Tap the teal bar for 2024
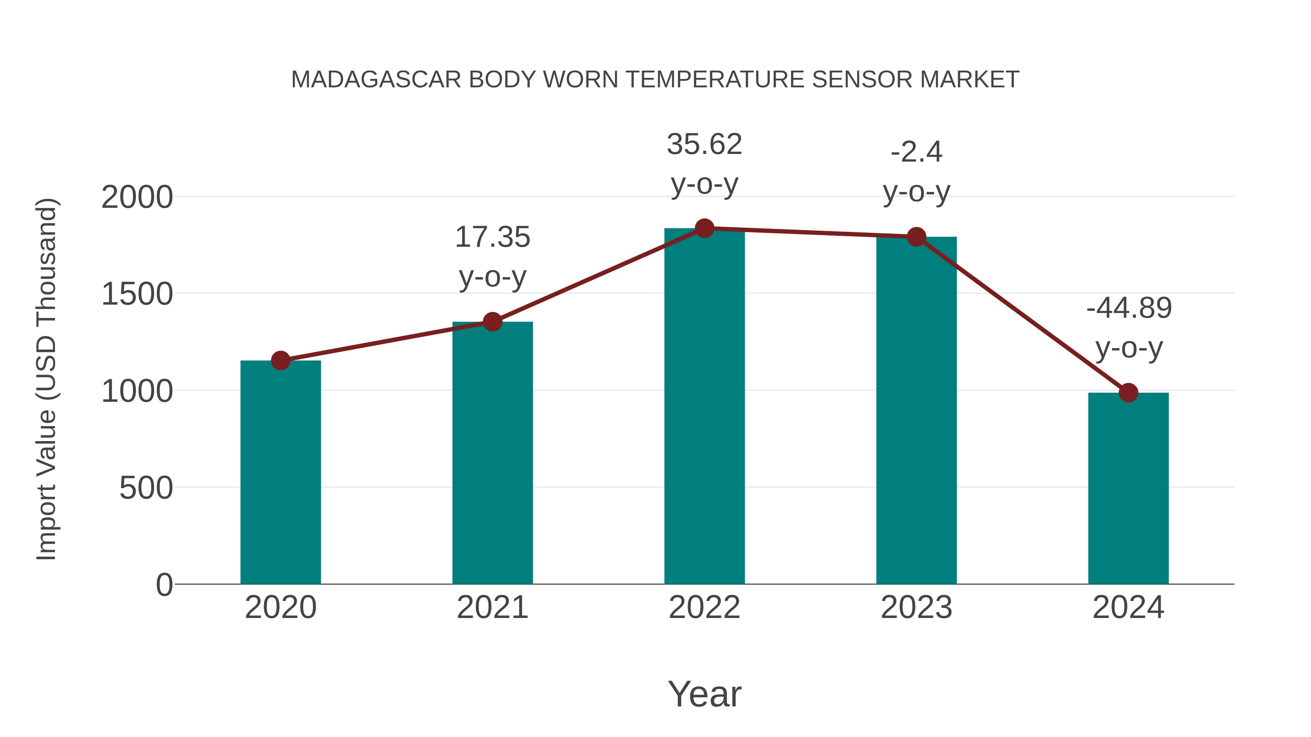[1128, 488]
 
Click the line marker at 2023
[916, 237]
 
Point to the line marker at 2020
[280, 361]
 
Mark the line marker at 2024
[1128, 393]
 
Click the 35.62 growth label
[704, 144]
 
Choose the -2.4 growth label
[916, 152]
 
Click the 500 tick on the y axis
[146, 488]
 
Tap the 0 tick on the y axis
[164, 585]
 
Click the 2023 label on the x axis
[916, 607]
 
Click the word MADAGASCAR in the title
[377, 80]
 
